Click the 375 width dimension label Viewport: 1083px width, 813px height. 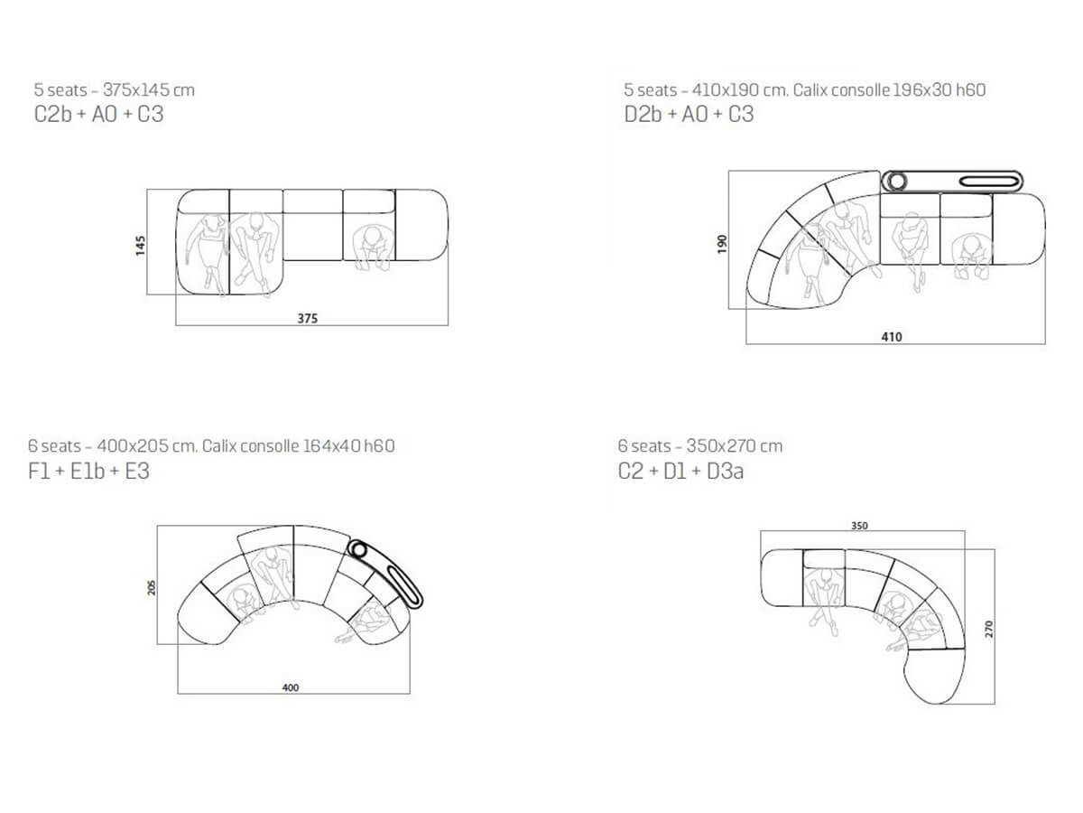click(307, 318)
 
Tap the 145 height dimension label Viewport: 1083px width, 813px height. click(141, 246)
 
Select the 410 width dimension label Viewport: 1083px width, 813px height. click(891, 337)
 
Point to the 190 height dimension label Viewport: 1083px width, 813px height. click(722, 244)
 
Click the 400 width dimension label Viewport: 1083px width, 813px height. click(290, 687)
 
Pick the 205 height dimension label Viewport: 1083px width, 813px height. click(152, 587)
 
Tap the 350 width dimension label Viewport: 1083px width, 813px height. click(859, 526)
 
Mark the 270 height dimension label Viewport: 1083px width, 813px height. click(988, 629)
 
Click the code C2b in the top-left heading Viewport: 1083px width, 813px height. click(52, 114)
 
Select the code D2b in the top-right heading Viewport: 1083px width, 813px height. click(643, 114)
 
